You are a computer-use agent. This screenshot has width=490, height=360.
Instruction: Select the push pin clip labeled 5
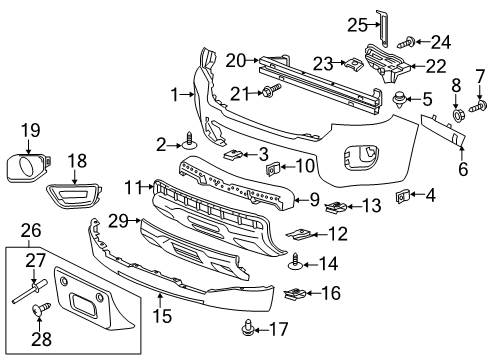[x=401, y=100]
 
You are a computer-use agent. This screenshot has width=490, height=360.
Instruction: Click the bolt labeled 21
[x=271, y=94]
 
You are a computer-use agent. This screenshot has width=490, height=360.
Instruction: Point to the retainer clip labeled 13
[x=337, y=207]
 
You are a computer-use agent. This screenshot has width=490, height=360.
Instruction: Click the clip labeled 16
[x=297, y=294]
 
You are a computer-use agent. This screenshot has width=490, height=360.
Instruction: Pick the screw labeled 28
[x=41, y=312]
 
